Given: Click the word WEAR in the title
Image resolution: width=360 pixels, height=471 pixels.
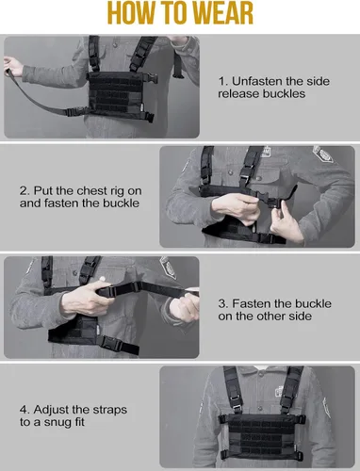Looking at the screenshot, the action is (x=221, y=13).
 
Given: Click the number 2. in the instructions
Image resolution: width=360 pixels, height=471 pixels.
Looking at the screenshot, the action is (x=25, y=191).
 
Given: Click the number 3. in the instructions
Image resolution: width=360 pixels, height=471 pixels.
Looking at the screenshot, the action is (x=223, y=303).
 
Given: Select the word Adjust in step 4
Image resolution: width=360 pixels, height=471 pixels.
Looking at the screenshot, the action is (x=51, y=410).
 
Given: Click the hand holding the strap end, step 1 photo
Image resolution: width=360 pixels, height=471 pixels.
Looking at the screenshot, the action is (x=12, y=66).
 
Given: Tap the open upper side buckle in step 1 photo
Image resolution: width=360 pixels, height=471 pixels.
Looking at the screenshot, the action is (x=150, y=77).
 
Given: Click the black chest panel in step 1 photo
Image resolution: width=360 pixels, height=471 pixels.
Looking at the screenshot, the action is (x=116, y=93).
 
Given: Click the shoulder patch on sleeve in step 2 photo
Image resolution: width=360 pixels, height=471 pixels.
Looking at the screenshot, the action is (x=323, y=154).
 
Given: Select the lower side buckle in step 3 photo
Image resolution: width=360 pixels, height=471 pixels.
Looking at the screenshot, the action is (x=110, y=343).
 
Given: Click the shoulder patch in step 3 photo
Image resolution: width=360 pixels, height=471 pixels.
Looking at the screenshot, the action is (x=168, y=268).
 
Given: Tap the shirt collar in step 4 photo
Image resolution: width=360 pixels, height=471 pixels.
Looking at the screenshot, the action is (x=263, y=369).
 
